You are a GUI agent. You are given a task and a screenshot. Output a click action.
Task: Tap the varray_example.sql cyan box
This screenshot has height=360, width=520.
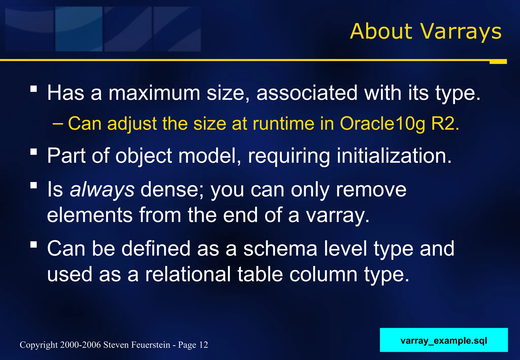[x=444, y=340]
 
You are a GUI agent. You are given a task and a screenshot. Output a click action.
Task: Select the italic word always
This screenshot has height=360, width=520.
[x=102, y=190]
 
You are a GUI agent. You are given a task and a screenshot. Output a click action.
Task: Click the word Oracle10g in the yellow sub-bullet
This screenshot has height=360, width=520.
[x=382, y=124]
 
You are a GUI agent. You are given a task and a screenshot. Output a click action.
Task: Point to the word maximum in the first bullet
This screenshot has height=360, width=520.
[x=154, y=93]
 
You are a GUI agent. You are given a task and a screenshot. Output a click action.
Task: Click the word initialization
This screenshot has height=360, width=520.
[x=394, y=156]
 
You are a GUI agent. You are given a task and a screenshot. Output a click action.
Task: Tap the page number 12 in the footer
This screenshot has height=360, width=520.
[x=204, y=345]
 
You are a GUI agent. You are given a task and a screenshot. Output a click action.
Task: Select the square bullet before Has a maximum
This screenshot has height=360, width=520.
[x=34, y=89]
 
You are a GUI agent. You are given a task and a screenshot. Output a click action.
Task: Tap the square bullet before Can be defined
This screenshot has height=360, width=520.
[x=34, y=245]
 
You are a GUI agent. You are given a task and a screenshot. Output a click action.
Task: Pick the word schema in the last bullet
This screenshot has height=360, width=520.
[x=280, y=249]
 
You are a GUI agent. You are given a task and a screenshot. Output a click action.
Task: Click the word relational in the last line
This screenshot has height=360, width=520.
[x=188, y=274]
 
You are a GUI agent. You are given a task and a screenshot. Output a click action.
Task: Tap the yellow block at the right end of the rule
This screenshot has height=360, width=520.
[x=498, y=62]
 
